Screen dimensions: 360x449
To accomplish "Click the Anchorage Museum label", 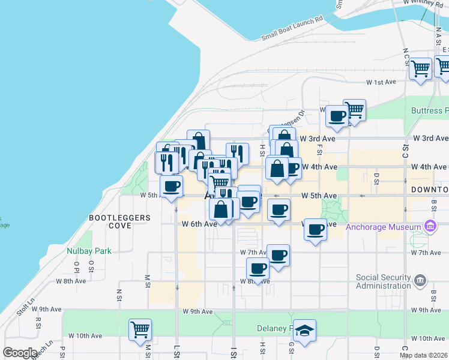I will [x=384, y=227].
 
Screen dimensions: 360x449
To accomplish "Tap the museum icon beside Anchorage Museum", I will [x=430, y=227].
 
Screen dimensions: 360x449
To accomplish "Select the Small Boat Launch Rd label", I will [x=292, y=28].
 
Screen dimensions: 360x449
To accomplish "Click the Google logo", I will [x=20, y=352].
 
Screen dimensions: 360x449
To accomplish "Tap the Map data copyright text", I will [x=423, y=355].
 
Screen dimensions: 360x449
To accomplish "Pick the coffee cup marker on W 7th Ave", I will [x=278, y=255].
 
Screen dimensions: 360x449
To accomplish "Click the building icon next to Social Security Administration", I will [x=420, y=280].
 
